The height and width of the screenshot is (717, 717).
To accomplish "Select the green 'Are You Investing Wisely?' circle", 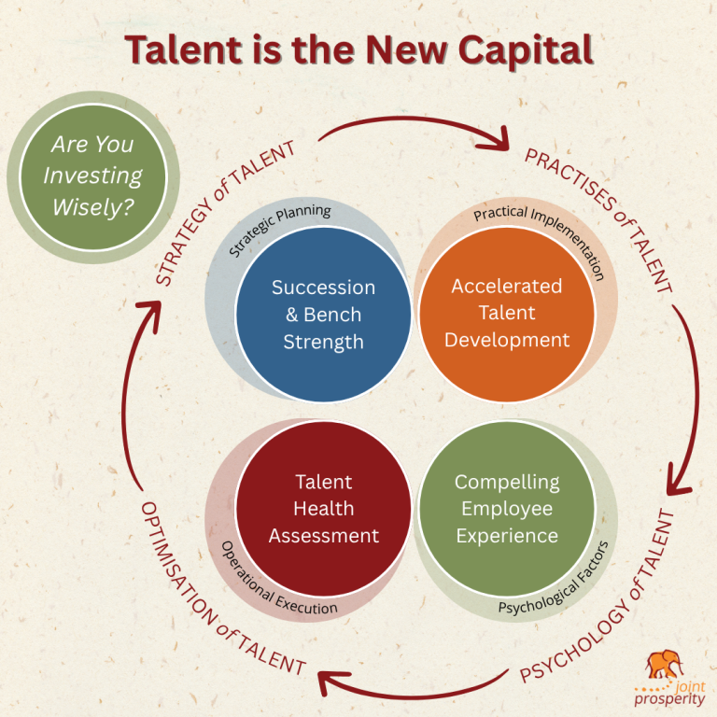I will pos(92,176).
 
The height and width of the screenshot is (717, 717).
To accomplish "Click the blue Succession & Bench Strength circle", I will pos(323,315).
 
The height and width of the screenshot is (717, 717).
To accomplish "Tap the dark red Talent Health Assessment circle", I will pos(323,509).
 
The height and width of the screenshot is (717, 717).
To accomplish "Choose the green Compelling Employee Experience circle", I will pos(506,509).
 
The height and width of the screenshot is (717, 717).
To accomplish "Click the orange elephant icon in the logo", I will pos(665,665).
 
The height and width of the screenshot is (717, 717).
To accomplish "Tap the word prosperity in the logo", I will pos(671,697).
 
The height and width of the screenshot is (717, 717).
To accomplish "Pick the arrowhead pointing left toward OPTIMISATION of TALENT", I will pos(329,676).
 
